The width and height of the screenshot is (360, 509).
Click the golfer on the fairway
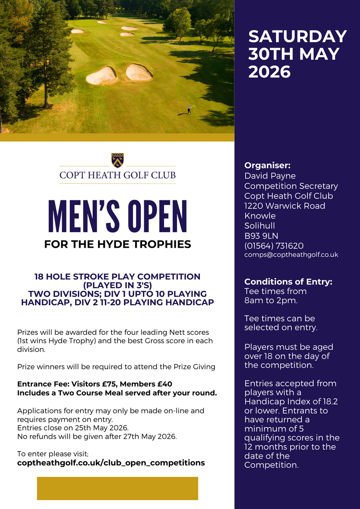189,110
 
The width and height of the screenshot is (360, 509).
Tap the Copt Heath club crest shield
118,160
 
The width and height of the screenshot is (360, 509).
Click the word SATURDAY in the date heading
298,36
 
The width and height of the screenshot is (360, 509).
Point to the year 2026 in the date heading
270,72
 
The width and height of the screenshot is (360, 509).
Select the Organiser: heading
267,165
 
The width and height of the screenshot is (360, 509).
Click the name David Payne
270,176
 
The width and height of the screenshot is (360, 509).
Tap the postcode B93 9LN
261,236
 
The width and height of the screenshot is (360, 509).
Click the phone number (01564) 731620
274,245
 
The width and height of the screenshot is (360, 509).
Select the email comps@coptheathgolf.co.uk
291,255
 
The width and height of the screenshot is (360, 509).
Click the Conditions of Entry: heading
288,282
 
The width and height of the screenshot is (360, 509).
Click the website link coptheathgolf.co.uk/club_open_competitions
111,463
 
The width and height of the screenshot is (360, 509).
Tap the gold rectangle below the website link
117,488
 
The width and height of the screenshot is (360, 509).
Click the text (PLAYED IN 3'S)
117,285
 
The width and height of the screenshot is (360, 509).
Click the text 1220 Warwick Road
285,206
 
